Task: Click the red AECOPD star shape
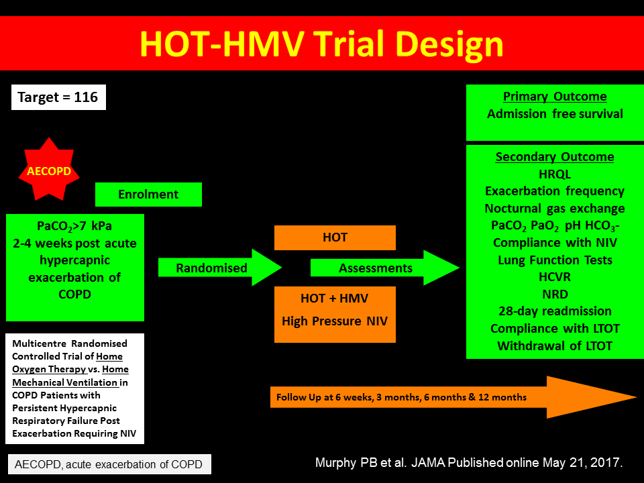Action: [x=49, y=170]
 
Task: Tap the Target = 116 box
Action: [x=58, y=97]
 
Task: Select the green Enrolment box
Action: [x=148, y=195]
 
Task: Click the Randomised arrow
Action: [x=220, y=268]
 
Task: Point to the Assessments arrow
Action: [x=385, y=268]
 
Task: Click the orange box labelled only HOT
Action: [x=335, y=237]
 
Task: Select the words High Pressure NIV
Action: [x=335, y=321]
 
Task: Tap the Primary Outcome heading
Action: [x=555, y=96]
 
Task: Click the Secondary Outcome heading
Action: [x=555, y=156]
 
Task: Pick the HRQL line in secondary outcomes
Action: [x=555, y=174]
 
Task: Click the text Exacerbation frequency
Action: [x=555, y=191]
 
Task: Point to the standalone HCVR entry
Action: [x=555, y=277]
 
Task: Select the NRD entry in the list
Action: [x=555, y=294]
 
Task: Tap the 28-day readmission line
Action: [x=555, y=311]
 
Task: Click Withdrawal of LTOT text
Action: [x=555, y=346]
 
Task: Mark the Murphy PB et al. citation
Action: [x=469, y=463]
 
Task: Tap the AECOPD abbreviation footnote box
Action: [x=109, y=464]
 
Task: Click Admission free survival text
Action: [x=555, y=114]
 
